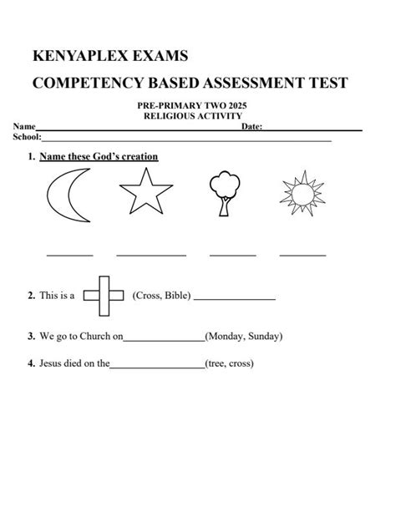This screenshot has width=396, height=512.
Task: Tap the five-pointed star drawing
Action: pos(151,194)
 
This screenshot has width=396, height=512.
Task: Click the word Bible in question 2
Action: pos(177,296)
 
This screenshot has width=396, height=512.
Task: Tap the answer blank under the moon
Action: pos(69,255)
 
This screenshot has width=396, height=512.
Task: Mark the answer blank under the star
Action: pos(151,255)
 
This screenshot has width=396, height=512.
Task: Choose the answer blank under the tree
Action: pos(232,255)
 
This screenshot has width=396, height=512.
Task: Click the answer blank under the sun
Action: pos(302,255)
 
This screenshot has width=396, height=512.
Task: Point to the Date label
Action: pos(251,126)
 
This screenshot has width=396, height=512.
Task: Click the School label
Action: pos(27,135)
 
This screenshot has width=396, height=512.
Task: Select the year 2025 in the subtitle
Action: pos(235,106)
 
